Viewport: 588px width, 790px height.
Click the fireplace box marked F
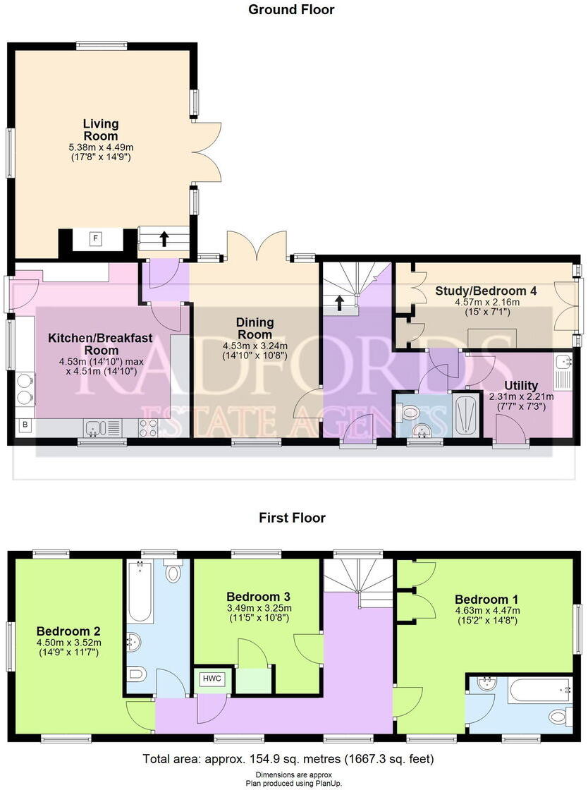pos(94,239)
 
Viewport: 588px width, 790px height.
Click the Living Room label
pos(101,130)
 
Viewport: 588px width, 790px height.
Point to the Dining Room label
pos(255,328)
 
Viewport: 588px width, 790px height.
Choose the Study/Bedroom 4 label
pos(482,291)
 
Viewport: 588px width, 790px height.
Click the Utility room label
pos(521,385)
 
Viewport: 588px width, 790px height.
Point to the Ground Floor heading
pos(291,10)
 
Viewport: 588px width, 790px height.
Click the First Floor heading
pos(292,518)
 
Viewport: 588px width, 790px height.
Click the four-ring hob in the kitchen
pos(149,426)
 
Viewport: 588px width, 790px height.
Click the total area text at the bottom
pos(288,759)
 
